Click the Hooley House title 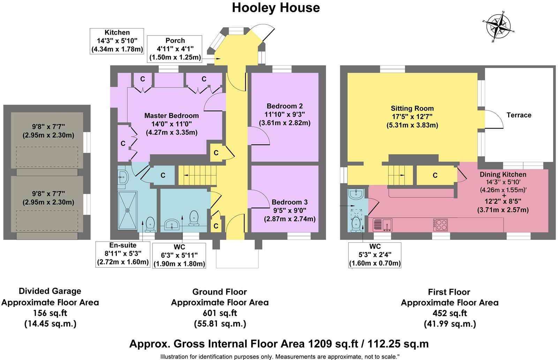(276, 8)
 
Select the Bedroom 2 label (284, 106)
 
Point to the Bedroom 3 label (289, 202)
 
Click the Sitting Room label (412, 108)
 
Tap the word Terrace (519, 115)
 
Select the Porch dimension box (175, 49)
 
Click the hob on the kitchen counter (440, 224)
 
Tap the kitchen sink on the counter (383, 225)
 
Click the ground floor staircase (197, 175)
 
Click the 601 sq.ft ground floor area (220, 313)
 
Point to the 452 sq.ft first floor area (450, 313)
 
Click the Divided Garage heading (50, 291)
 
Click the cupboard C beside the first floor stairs (435, 175)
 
